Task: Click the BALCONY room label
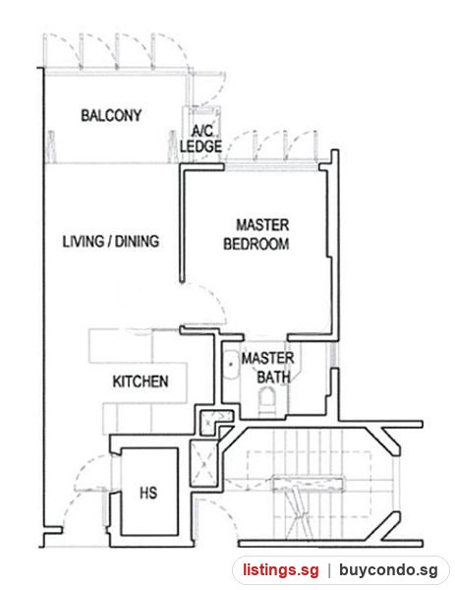pyautogui.click(x=111, y=115)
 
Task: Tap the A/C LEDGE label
pyautogui.click(x=200, y=139)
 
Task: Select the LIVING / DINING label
pyautogui.click(x=111, y=241)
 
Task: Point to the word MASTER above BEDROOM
pyautogui.click(x=262, y=225)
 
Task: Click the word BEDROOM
pyautogui.click(x=256, y=244)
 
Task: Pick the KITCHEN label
pyautogui.click(x=141, y=382)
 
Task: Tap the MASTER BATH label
pyautogui.click(x=267, y=368)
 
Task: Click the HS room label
pyautogui.click(x=148, y=493)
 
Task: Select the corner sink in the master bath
pyautogui.click(x=230, y=364)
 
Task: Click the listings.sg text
pyautogui.click(x=280, y=569)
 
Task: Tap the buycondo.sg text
pyautogui.click(x=388, y=569)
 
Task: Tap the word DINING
pyautogui.click(x=137, y=241)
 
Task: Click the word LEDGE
pyautogui.click(x=200, y=147)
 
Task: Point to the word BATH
pyautogui.click(x=273, y=377)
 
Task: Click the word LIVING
pyautogui.click(x=84, y=241)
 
